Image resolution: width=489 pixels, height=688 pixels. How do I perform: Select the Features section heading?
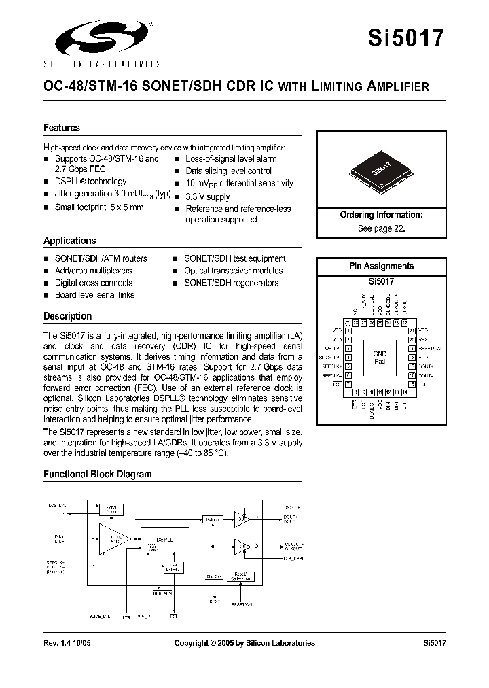point(62,128)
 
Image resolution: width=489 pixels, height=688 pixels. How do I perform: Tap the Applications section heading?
point(70,241)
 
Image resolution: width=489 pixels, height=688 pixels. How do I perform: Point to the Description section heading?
point(67,316)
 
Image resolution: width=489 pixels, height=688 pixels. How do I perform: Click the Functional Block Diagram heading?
point(98,474)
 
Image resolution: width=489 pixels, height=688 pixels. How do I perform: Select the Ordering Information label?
point(381,215)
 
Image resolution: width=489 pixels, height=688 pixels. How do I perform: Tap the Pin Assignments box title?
point(381,266)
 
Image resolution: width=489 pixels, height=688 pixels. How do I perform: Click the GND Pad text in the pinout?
point(380,358)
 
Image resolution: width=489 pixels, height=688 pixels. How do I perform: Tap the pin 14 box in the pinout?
point(405,392)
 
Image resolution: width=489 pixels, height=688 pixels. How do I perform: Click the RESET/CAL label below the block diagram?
point(242,604)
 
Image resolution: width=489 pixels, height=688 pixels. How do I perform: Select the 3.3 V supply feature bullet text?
point(208,196)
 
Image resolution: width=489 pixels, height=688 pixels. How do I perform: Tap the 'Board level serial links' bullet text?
point(94,295)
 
